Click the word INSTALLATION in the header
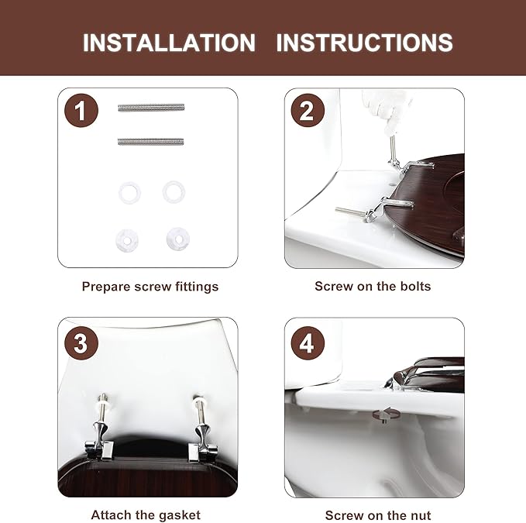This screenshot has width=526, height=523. coord(169,43)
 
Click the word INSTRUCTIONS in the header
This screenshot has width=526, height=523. coord(364,43)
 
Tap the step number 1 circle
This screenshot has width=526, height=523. coord(81,110)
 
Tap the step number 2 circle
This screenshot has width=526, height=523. coord(308,110)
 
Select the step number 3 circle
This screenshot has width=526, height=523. coord(81,343)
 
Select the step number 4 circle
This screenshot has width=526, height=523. coord(308,343)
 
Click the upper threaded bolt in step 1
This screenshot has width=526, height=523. coord(151,108)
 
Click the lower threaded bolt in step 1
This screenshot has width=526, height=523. coord(150,142)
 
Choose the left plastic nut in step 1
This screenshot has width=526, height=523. coord(127,240)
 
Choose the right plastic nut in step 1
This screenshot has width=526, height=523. coord(178,239)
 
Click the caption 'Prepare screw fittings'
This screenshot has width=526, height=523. coord(150,287)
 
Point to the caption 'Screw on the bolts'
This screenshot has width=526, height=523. coord(373,287)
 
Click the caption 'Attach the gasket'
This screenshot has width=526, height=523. coord(146,515)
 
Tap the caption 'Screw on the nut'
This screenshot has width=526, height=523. coord(378,515)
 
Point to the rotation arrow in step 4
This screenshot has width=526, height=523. coord(386,415)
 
